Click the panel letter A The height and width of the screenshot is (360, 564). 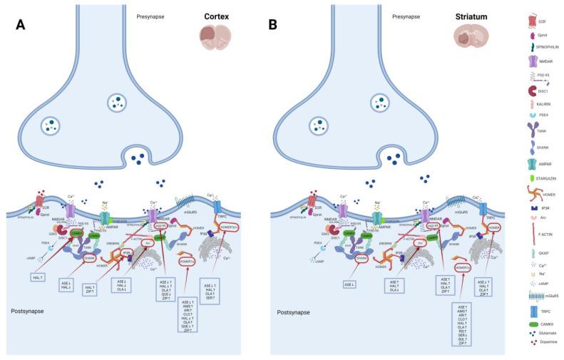pos(21,25)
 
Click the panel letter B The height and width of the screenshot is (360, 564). pos(272,25)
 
